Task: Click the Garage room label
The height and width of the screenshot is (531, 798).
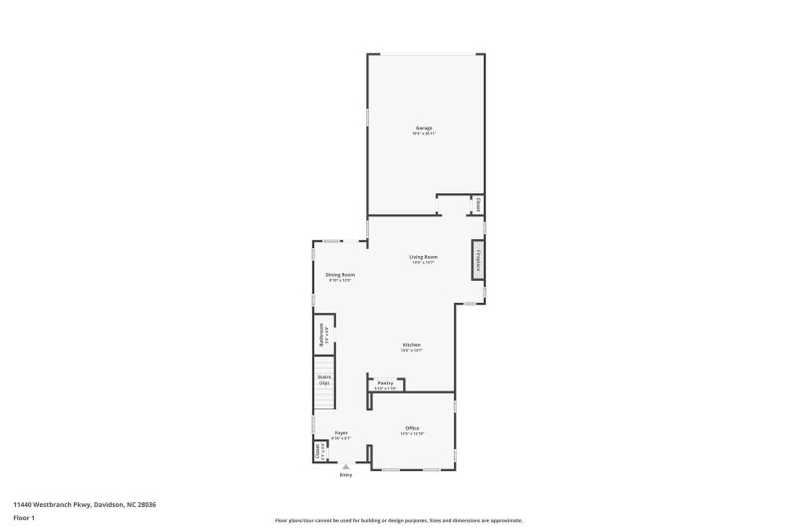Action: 424,128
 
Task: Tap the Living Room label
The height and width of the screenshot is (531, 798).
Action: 424,257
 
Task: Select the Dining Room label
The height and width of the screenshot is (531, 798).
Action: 340,275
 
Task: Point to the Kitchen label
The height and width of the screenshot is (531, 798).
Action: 412,345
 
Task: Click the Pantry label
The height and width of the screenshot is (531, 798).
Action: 385,383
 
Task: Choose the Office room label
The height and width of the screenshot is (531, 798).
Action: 412,428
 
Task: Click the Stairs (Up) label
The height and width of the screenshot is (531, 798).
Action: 324,380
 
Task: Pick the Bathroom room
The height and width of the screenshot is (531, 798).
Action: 323,334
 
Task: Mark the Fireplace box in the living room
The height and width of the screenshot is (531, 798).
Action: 478,260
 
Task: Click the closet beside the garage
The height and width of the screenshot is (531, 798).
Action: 478,205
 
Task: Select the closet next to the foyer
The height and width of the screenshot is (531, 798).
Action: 320,451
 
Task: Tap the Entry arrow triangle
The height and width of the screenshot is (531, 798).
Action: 346,465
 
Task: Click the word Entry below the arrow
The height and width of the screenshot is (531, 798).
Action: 346,475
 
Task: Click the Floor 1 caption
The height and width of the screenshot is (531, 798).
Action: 24,518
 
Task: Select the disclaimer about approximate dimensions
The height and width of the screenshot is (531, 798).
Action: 398,520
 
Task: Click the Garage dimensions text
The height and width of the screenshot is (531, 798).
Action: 424,133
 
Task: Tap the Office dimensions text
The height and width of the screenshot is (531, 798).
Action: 412,434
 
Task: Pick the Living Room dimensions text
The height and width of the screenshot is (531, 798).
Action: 424,263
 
